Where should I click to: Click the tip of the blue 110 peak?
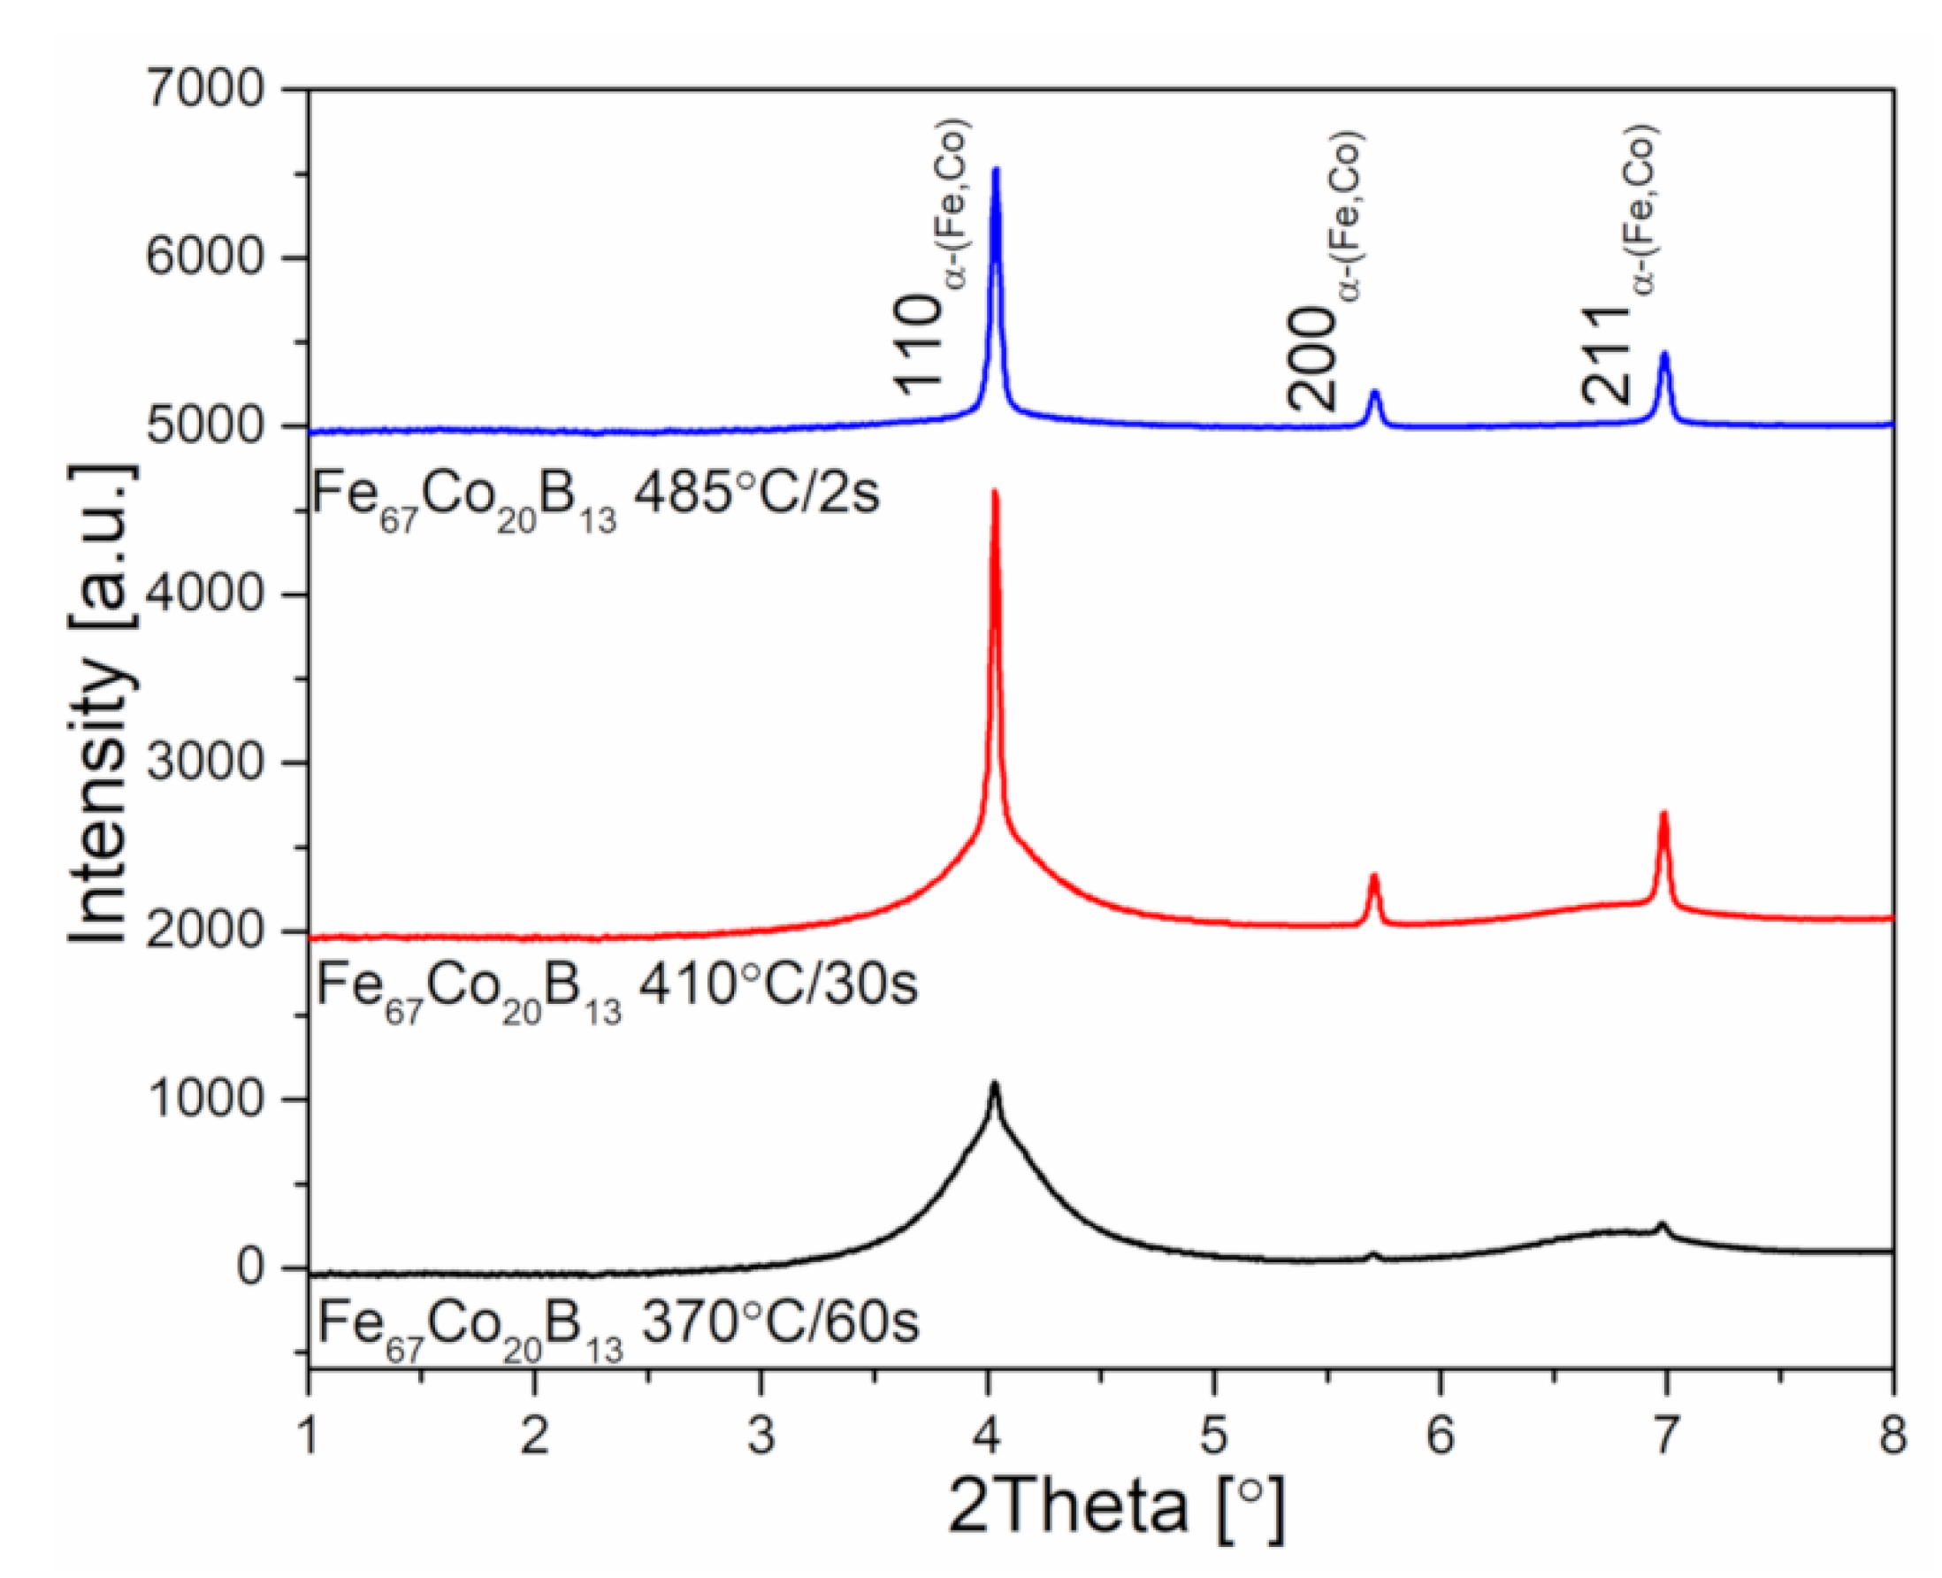point(995,170)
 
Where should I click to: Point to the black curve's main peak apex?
point(994,1084)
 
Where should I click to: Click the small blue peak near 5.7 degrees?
point(1374,393)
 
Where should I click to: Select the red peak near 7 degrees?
point(1663,814)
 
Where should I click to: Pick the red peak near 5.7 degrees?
point(1373,877)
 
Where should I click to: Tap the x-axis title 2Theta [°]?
point(1117,1507)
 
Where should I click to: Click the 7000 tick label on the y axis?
point(204,89)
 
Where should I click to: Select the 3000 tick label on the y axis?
point(204,762)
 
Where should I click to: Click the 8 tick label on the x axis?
point(1891,1438)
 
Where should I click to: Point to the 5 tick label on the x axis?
point(1213,1438)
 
